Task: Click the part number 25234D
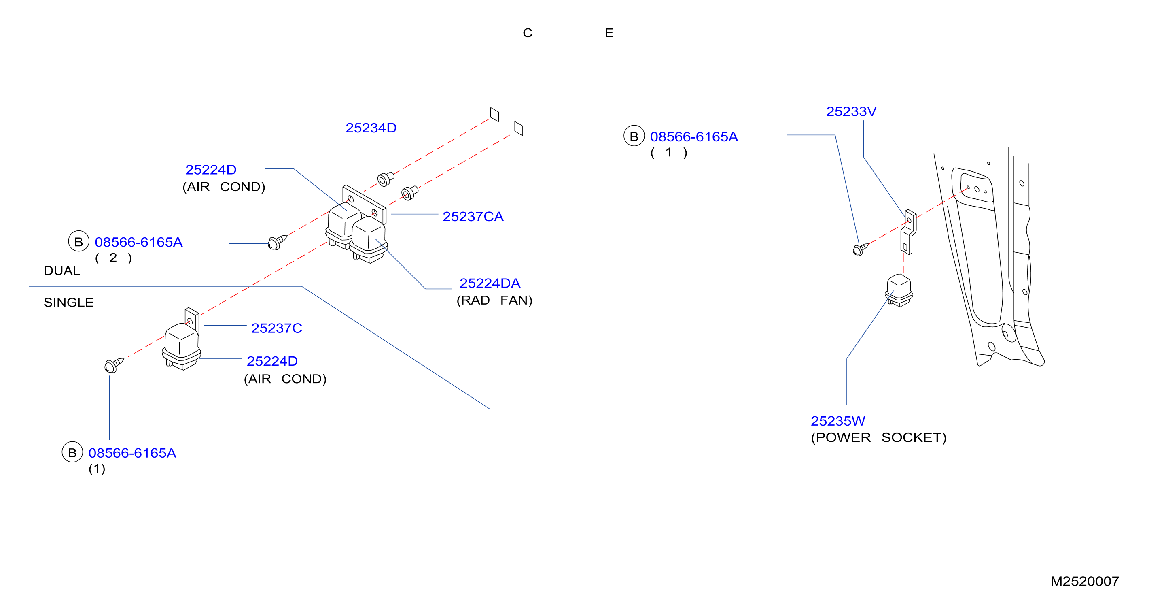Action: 371,128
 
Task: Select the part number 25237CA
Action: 473,217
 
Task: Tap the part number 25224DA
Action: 490,283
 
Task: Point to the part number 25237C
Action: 277,328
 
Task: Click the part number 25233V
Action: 851,111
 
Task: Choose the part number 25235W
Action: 838,421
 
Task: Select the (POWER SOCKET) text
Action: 878,437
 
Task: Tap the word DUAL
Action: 62,271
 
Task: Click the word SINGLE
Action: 69,302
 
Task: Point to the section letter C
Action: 527,33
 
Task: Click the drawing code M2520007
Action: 1084,581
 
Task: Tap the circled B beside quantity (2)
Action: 78,241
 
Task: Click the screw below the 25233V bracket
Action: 860,249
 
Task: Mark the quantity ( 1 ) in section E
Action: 669,152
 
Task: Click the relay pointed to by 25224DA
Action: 368,239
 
